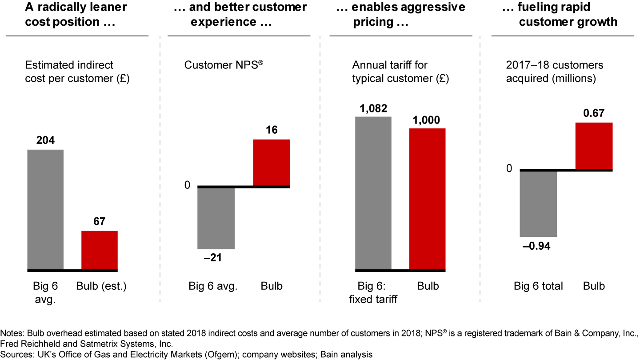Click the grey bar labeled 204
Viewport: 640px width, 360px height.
[45, 209]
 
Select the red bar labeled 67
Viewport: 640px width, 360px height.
[99, 250]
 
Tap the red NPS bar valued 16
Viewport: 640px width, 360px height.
[271, 162]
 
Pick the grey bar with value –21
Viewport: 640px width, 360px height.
[216, 218]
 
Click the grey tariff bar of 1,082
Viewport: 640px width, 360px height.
[373, 193]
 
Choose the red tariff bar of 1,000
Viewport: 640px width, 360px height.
[427, 199]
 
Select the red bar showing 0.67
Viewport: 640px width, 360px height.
[594, 146]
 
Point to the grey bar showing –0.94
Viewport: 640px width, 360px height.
[538, 204]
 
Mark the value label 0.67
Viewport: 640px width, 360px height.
[594, 114]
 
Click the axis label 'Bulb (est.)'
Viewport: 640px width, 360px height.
[102, 286]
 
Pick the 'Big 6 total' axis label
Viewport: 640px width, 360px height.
[538, 286]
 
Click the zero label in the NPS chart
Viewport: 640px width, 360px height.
[187, 185]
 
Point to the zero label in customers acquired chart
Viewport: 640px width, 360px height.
[509, 168]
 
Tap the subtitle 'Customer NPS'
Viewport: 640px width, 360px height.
[224, 65]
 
